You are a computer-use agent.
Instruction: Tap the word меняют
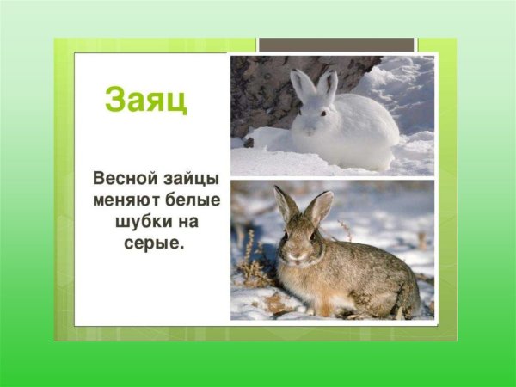pyautogui.click(x=128, y=200)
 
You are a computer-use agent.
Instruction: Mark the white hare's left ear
pyautogui.click(x=303, y=84)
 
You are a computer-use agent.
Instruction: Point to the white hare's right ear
pyautogui.click(x=328, y=83)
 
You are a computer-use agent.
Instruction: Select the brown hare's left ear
pyautogui.click(x=283, y=203)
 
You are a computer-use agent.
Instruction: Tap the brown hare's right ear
pyautogui.click(x=319, y=206)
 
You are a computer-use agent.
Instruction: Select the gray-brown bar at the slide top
pyautogui.click(x=336, y=45)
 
